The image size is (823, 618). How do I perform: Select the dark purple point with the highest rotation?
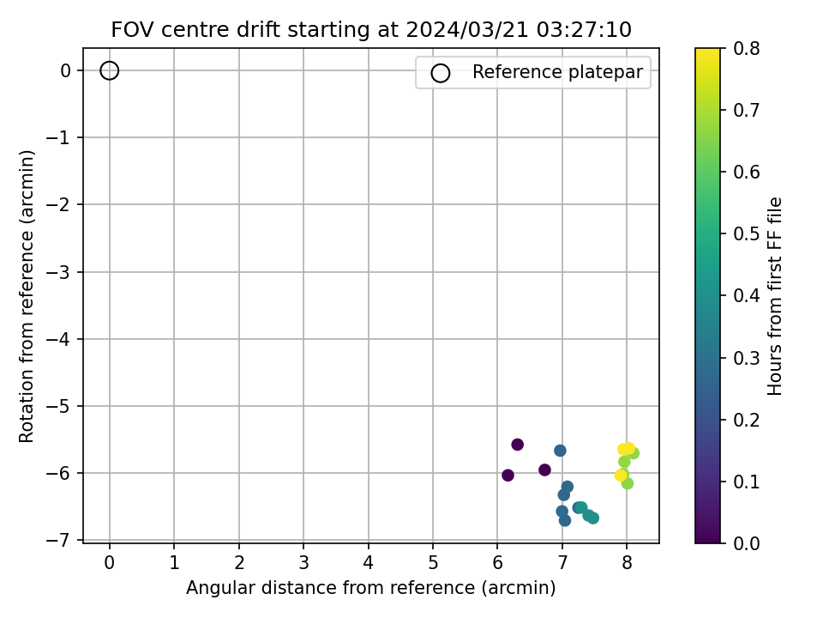click(x=517, y=445)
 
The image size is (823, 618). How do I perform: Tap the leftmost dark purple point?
click(x=508, y=475)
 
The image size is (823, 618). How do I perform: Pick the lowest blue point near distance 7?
click(x=565, y=520)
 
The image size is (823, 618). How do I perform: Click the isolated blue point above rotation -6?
click(x=560, y=451)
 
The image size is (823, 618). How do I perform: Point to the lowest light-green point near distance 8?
click(x=628, y=483)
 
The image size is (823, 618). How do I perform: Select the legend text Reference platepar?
click(x=557, y=72)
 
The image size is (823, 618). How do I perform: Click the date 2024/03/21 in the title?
click(x=466, y=30)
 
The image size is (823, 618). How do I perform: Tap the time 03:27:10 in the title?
click(x=584, y=30)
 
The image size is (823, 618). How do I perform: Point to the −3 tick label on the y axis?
click(x=60, y=272)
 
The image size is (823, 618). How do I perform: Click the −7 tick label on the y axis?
click(x=60, y=540)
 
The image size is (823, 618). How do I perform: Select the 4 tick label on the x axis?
click(x=368, y=563)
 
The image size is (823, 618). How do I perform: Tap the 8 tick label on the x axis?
click(x=627, y=563)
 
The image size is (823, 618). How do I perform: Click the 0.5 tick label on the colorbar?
click(x=747, y=233)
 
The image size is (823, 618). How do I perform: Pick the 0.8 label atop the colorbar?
click(x=747, y=48)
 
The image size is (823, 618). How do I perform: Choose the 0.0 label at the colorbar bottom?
click(x=747, y=542)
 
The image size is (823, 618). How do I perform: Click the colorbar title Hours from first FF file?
click(x=775, y=296)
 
